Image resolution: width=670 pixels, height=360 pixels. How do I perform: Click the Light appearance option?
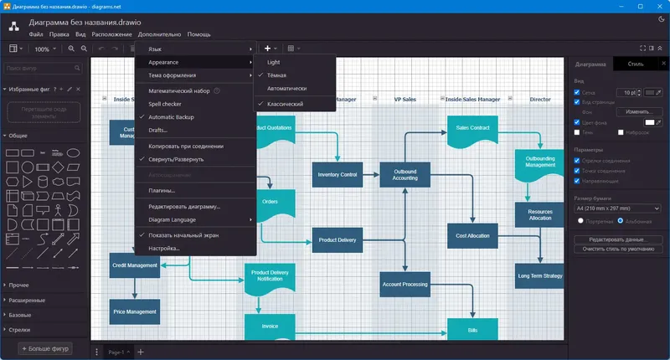[x=274, y=62]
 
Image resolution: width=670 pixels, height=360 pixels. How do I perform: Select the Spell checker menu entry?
[x=167, y=103]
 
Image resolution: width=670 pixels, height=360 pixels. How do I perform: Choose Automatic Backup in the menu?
[x=171, y=116]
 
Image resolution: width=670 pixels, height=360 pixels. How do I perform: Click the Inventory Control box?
[x=338, y=175]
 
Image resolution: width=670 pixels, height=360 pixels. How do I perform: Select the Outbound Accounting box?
[x=405, y=174]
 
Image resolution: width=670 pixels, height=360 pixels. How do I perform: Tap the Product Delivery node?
[x=338, y=240]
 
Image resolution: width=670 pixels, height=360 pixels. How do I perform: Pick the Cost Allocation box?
[x=472, y=236]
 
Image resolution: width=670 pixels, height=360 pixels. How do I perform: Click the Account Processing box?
[x=405, y=285]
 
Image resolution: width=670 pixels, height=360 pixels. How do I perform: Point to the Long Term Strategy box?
[x=539, y=275]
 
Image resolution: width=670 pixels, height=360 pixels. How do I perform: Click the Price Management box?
[x=134, y=311]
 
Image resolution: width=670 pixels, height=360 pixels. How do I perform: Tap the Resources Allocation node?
[x=539, y=214]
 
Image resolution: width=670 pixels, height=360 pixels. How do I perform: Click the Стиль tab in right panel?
[x=635, y=64]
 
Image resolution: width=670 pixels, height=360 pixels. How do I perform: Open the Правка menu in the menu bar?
[x=59, y=34]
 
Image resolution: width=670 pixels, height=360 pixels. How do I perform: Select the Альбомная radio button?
[x=621, y=221]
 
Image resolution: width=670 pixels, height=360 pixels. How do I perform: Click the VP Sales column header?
[x=405, y=99]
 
